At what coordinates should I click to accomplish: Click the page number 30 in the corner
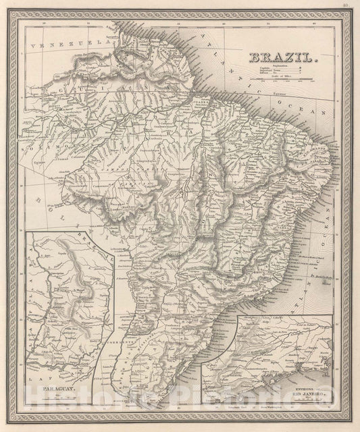tap(344, 7)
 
